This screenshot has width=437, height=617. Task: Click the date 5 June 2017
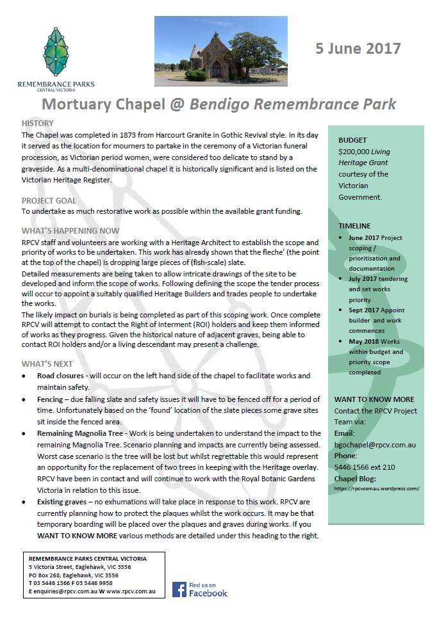tap(358, 49)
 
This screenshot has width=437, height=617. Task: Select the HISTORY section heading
tap(37, 123)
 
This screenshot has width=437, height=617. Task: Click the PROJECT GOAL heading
tap(48, 200)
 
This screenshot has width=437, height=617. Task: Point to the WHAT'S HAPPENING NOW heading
tap(70, 231)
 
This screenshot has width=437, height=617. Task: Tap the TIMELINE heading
tap(354, 226)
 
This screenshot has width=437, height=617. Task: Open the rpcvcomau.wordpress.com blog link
tap(377, 488)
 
